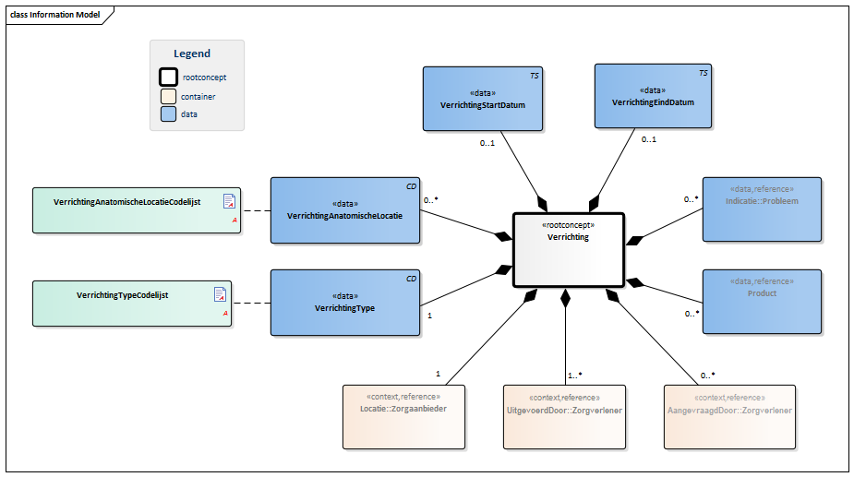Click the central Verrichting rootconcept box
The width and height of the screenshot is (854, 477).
(568, 249)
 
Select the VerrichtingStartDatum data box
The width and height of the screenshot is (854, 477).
(483, 99)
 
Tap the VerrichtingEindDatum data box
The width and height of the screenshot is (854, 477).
(653, 96)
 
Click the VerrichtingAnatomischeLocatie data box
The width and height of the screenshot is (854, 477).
(344, 210)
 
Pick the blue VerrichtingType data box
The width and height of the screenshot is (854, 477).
(344, 302)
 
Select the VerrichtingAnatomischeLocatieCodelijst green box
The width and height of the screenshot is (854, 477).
(137, 210)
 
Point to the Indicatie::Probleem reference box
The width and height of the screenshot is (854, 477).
(761, 209)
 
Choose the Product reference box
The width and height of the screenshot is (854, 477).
(761, 301)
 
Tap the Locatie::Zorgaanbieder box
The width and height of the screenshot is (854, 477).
(403, 416)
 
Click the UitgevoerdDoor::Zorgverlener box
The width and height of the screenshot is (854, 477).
(564, 416)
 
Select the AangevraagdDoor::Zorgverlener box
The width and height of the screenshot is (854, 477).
(728, 416)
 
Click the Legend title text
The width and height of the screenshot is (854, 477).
(192, 54)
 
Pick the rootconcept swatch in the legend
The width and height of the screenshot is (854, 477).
(169, 78)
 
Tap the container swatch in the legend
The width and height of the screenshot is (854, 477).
(169, 96)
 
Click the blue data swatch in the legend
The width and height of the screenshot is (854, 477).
(169, 114)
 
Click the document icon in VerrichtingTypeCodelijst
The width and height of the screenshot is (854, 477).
(220, 294)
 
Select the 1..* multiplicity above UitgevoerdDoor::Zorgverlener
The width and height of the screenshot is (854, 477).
(573, 376)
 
